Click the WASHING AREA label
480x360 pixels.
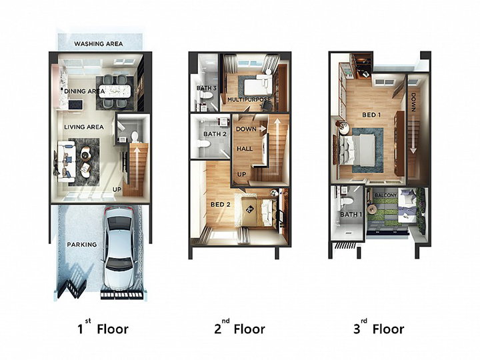[x=98, y=44]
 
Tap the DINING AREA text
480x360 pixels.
[x=85, y=91]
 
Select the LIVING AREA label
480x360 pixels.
[x=84, y=127]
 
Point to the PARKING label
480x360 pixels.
[x=82, y=245]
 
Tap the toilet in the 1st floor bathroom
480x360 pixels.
[x=135, y=137]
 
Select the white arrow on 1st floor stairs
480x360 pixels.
[x=137, y=166]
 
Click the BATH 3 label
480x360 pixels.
[x=206, y=88]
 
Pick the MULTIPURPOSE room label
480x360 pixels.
[x=249, y=99]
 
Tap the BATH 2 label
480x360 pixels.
[x=215, y=134]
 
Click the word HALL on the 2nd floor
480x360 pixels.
[x=245, y=149]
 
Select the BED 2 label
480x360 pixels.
[x=221, y=205]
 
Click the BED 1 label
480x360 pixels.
[x=371, y=115]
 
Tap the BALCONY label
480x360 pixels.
[x=386, y=195]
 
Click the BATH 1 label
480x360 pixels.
[x=351, y=214]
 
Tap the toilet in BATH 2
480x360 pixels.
[x=204, y=144]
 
